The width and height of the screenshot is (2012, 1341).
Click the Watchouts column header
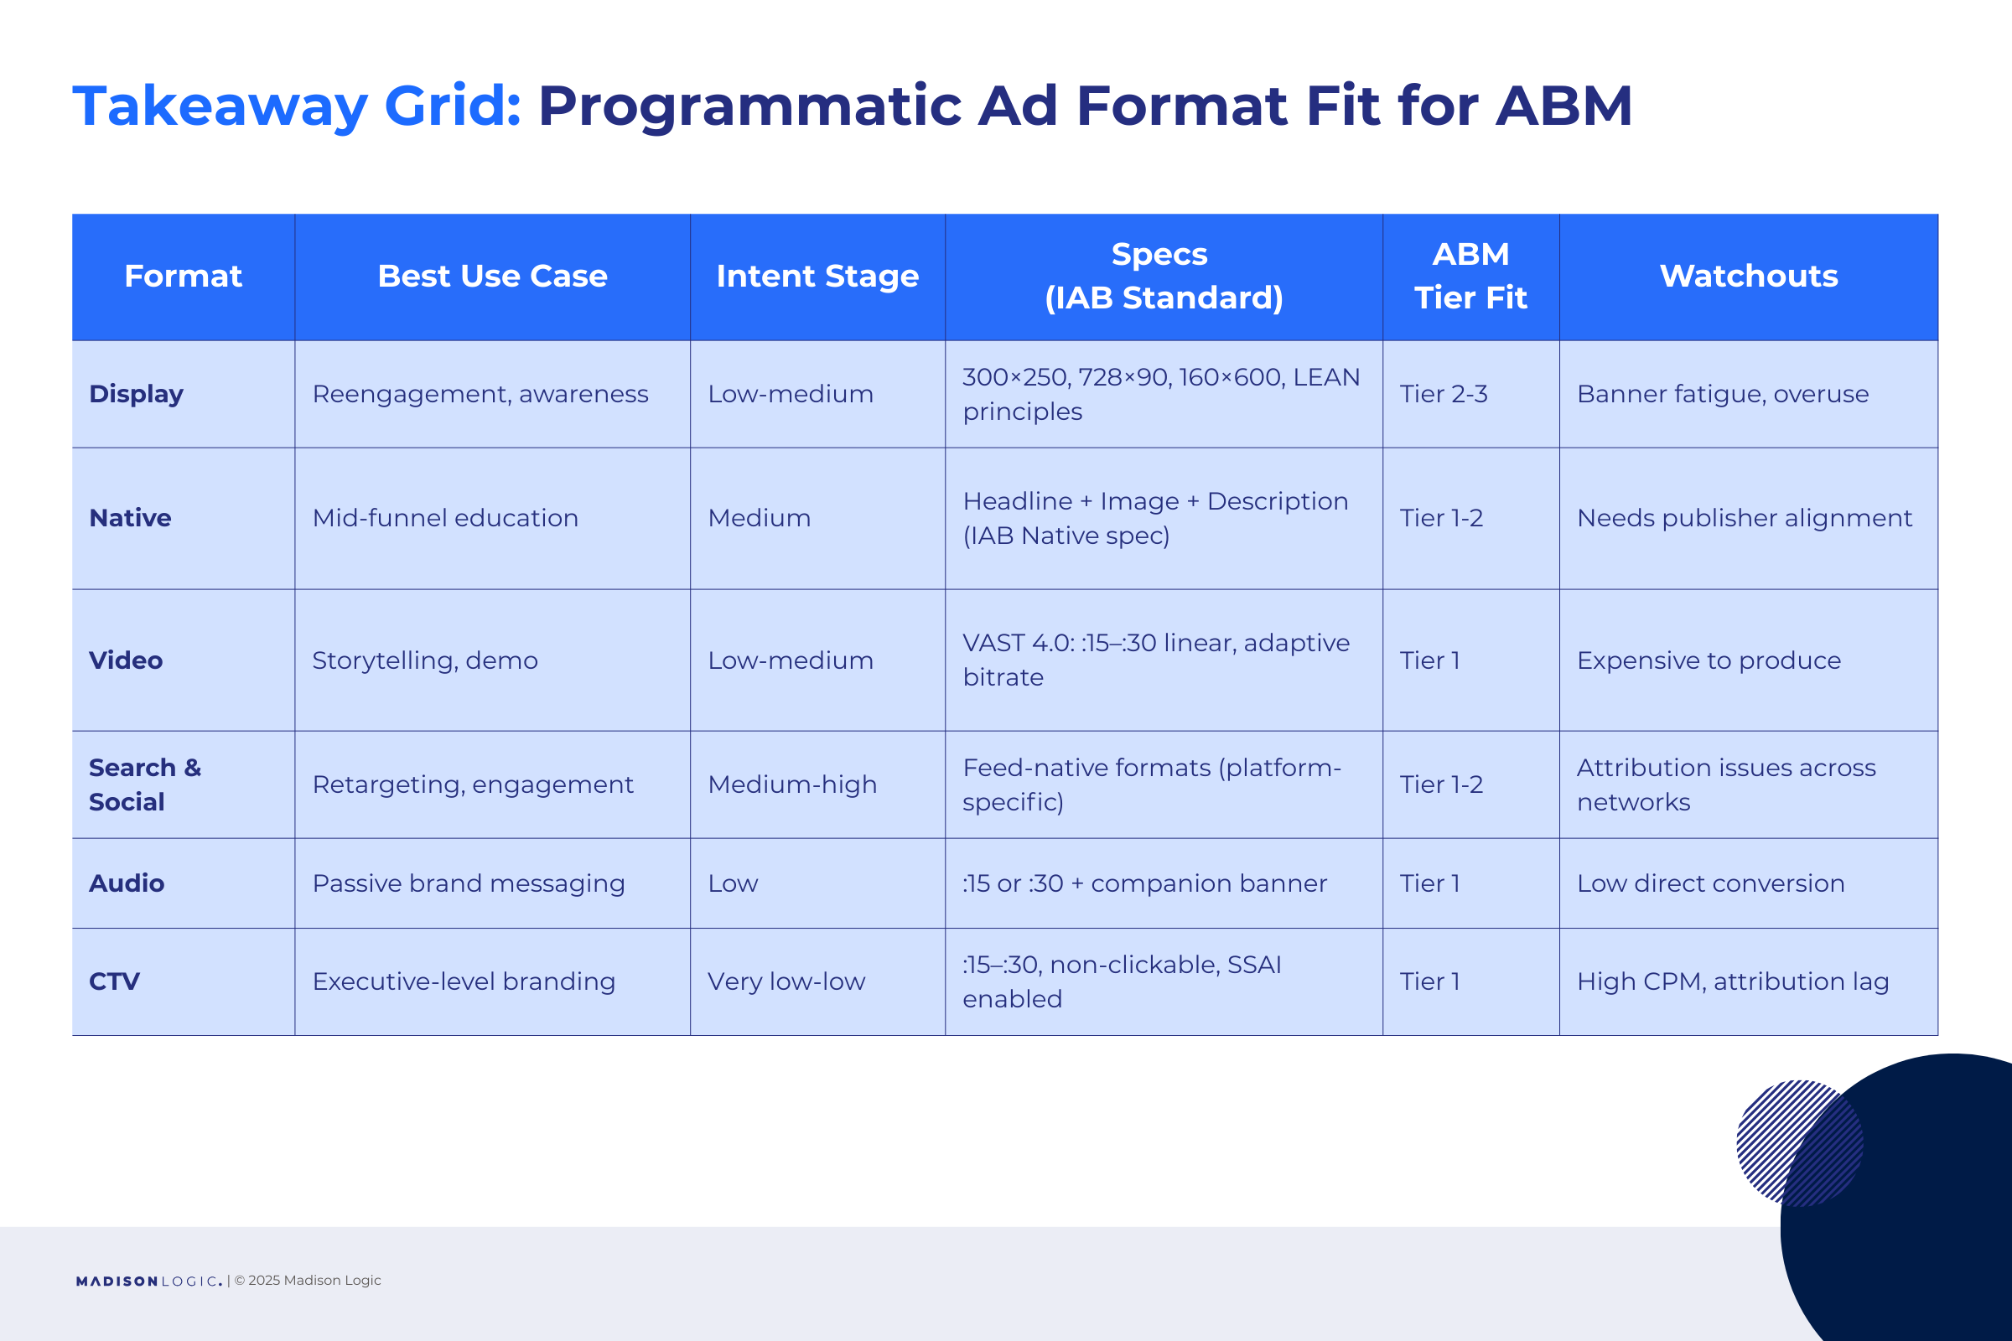(x=1749, y=277)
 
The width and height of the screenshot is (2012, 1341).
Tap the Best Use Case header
(x=492, y=277)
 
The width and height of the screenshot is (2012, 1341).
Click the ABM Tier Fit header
(x=1470, y=277)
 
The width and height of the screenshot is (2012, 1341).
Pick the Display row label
(x=136, y=393)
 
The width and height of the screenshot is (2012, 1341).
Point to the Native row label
(x=130, y=517)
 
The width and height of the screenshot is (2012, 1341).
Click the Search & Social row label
(x=144, y=784)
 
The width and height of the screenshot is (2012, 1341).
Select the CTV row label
(x=115, y=981)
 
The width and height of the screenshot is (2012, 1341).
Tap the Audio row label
(x=127, y=883)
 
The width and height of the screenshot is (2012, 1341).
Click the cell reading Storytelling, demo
(x=425, y=660)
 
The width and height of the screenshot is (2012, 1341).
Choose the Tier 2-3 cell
(x=1444, y=393)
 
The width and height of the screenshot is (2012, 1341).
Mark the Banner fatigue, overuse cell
(x=1723, y=393)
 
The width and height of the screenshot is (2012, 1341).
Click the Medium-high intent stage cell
(x=792, y=784)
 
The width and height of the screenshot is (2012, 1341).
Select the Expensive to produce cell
(x=1709, y=660)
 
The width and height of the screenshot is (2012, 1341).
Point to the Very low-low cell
(x=786, y=981)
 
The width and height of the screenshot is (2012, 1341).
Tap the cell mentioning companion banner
(x=1144, y=883)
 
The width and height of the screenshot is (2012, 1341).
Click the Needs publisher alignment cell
(x=1745, y=517)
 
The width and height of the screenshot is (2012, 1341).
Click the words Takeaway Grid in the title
(x=297, y=106)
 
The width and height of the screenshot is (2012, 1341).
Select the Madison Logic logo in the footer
(x=149, y=1281)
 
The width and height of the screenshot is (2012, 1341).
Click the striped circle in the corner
(x=1800, y=1143)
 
